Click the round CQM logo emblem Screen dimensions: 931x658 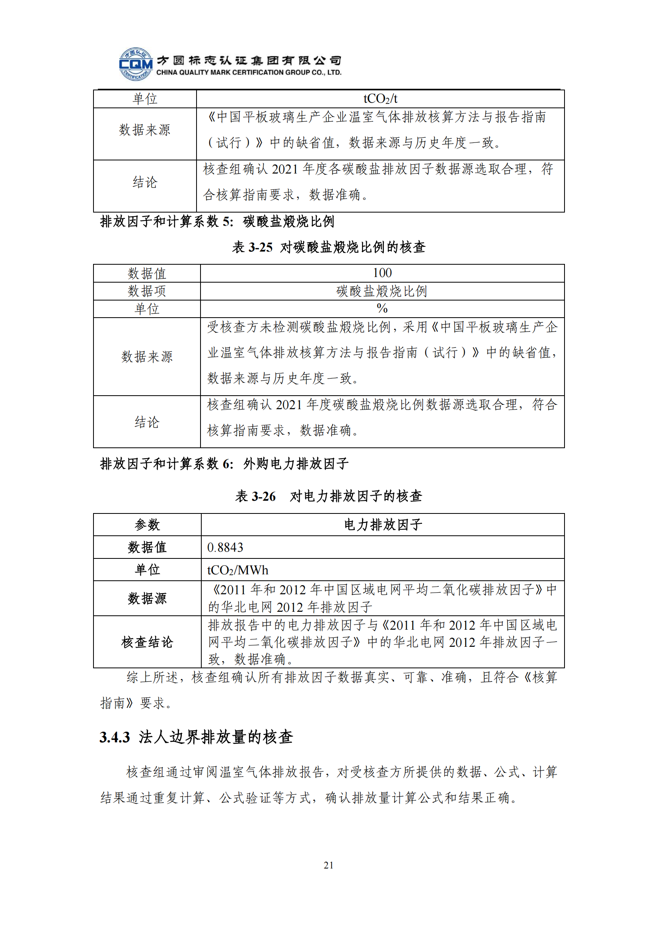(x=136, y=64)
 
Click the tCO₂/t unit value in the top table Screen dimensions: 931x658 (x=380, y=99)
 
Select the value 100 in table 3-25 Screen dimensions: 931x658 (x=382, y=273)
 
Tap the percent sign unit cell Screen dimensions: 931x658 (x=382, y=308)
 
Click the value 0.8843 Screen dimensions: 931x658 (x=225, y=547)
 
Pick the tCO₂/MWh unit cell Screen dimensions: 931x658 (x=238, y=570)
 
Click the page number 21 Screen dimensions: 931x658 (x=329, y=865)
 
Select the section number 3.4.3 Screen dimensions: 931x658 (x=115, y=737)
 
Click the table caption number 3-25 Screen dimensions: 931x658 (x=260, y=247)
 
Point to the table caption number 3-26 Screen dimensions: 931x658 (x=263, y=496)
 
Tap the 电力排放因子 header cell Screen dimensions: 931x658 (x=382, y=525)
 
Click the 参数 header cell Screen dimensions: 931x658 (x=147, y=525)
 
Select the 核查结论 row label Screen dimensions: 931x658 (x=147, y=642)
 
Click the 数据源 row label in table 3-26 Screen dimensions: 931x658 (x=147, y=598)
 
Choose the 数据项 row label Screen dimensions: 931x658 (x=147, y=291)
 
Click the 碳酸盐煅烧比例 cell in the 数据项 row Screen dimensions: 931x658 (x=382, y=291)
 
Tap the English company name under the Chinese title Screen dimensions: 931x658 (x=249, y=72)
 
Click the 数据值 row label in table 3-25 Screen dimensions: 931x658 (x=147, y=273)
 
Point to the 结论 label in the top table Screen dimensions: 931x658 (x=145, y=182)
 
